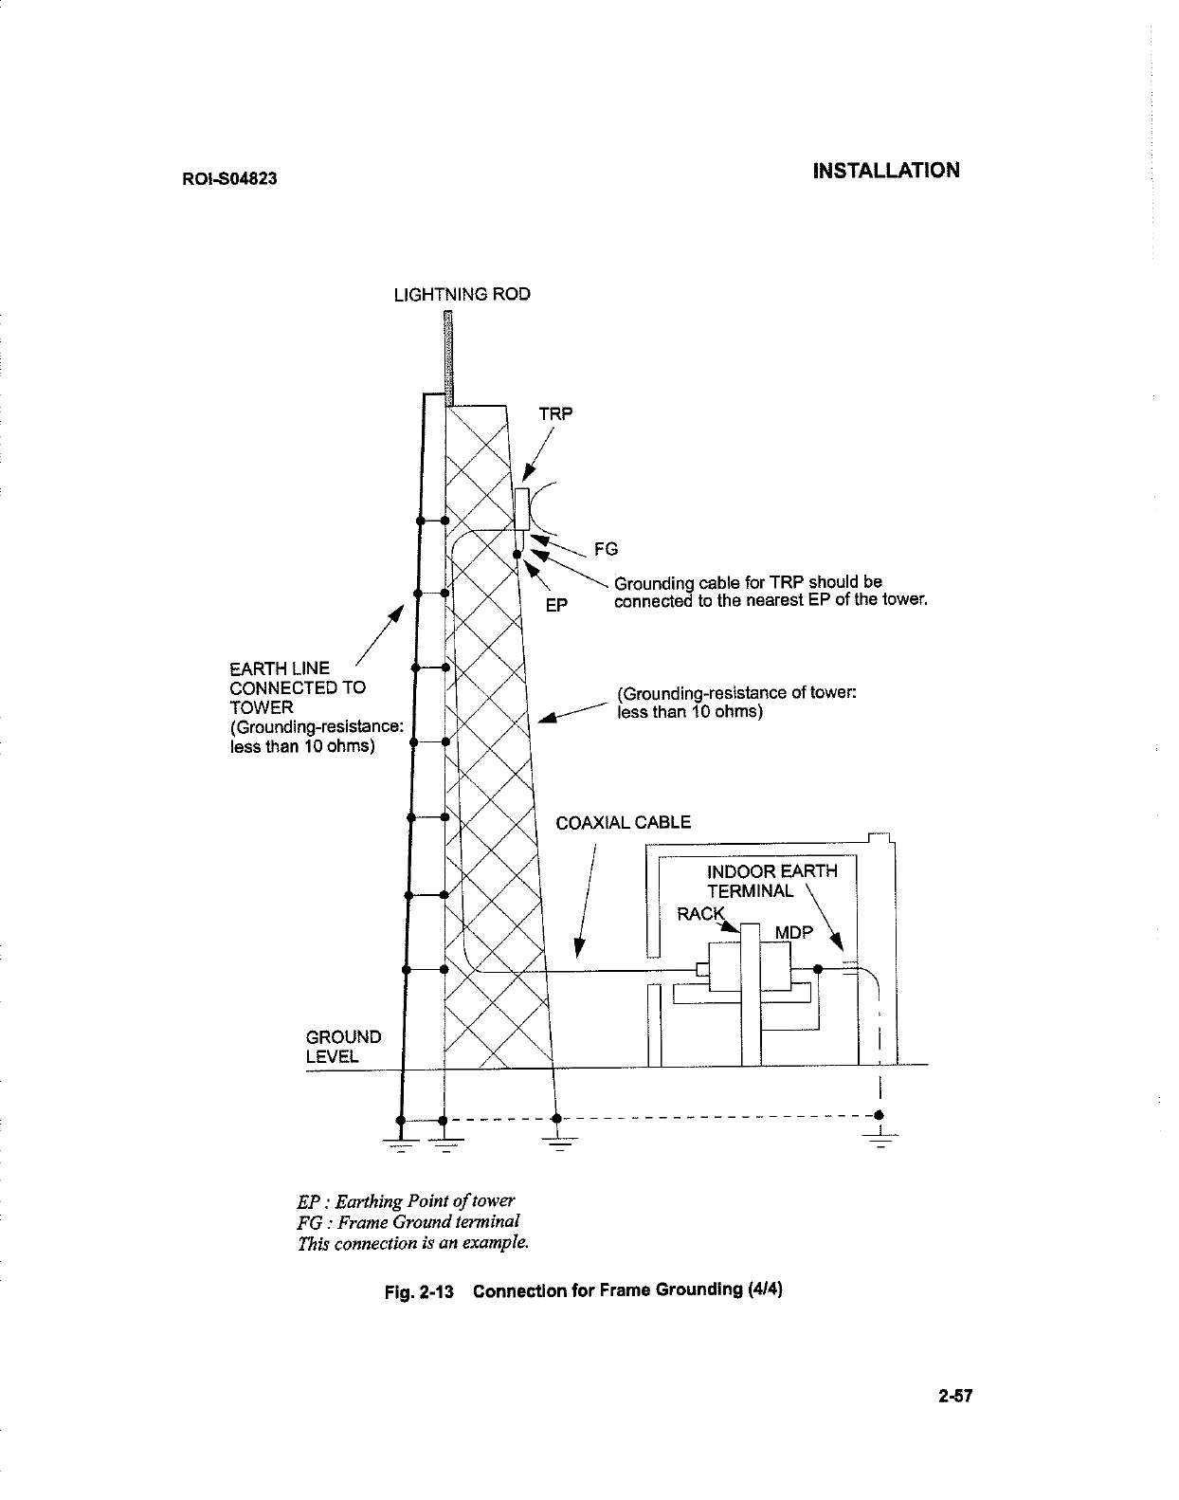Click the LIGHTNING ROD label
tap(462, 294)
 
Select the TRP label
tap(556, 414)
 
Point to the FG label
tap(606, 549)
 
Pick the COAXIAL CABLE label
tap(623, 823)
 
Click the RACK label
tap(699, 914)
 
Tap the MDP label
tap(793, 933)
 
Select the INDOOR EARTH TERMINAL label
tap(771, 882)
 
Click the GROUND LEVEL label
tap(342, 1047)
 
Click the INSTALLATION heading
tap(886, 171)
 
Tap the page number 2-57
tap(956, 1397)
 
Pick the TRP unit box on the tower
tap(522, 509)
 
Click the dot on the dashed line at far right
tap(880, 1114)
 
